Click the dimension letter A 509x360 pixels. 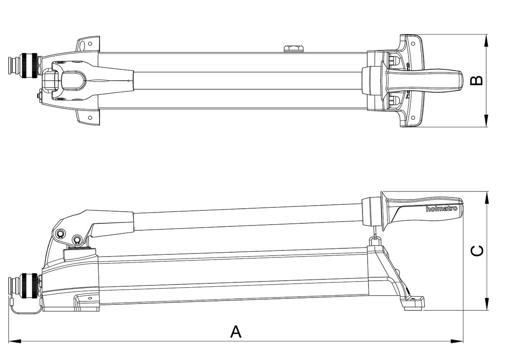pyautogui.click(x=236, y=332)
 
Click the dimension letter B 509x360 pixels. pyautogui.click(x=477, y=80)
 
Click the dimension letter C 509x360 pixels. pyautogui.click(x=477, y=250)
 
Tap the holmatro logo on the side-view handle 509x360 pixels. pyautogui.click(x=441, y=208)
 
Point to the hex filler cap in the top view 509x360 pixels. pyautogui.click(x=294, y=49)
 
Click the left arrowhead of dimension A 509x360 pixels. pyautogui.click(x=14, y=341)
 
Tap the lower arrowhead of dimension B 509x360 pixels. pyautogui.click(x=486, y=121)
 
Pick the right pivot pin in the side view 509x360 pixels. pyautogui.click(x=78, y=240)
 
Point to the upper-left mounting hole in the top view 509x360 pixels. pyautogui.click(x=90, y=44)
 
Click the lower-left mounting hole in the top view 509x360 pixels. pyautogui.click(x=90, y=118)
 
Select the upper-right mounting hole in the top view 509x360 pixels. pyautogui.click(x=413, y=43)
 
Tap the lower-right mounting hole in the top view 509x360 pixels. pyautogui.click(x=413, y=118)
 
